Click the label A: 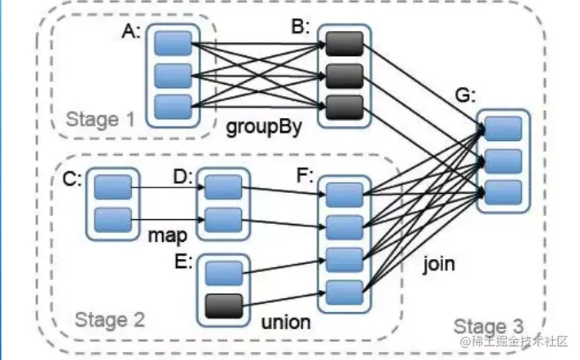click(x=130, y=32)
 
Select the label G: click(x=465, y=95)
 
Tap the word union click(x=285, y=322)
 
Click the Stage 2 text click(x=109, y=319)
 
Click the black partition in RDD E click(x=223, y=305)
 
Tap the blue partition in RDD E click(x=223, y=272)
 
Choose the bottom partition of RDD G click(x=503, y=193)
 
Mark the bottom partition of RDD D click(x=222, y=219)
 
